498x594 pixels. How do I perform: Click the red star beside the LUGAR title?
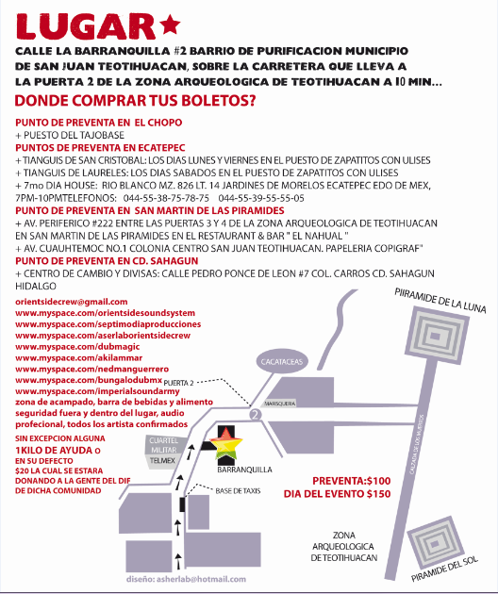(x=170, y=25)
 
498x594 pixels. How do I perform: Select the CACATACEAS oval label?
(x=282, y=362)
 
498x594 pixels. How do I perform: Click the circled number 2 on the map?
(x=256, y=415)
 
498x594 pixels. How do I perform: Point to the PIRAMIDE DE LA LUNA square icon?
(x=435, y=336)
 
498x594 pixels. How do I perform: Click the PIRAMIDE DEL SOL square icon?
(x=435, y=543)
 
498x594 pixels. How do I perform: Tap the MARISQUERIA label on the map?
(x=280, y=404)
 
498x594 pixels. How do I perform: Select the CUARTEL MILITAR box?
(x=164, y=445)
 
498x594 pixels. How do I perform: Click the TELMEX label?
(x=162, y=461)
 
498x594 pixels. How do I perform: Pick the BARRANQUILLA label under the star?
(x=244, y=470)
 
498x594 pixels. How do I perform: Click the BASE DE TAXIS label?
(x=238, y=491)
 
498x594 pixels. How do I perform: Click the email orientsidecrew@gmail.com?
(x=72, y=302)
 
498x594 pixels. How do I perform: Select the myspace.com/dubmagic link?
(x=77, y=347)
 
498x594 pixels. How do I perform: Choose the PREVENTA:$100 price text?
(x=351, y=481)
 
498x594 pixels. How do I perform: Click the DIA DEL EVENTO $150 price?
(x=337, y=494)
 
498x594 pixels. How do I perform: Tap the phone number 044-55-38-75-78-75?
(x=166, y=198)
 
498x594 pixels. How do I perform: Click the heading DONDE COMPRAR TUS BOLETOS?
(x=135, y=101)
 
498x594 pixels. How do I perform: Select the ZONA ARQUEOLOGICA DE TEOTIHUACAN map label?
(x=344, y=547)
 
